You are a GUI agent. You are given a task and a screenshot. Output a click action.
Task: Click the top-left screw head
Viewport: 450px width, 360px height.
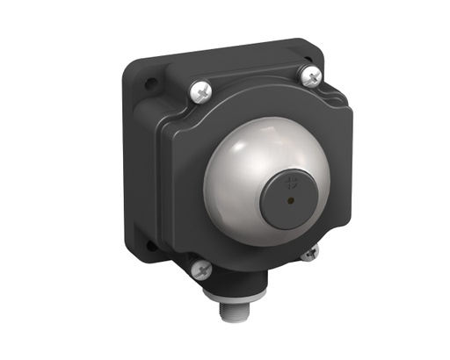click(x=199, y=90)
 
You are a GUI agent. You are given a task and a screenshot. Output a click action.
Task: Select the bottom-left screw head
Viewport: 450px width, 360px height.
click(x=201, y=269)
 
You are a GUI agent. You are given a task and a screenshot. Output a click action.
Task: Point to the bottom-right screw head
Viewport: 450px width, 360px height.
click(x=310, y=254)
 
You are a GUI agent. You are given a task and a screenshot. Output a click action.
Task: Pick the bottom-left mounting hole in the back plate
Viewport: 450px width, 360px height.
click(x=149, y=247)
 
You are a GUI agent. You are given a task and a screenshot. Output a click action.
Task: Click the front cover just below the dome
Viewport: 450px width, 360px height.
click(x=255, y=250)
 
